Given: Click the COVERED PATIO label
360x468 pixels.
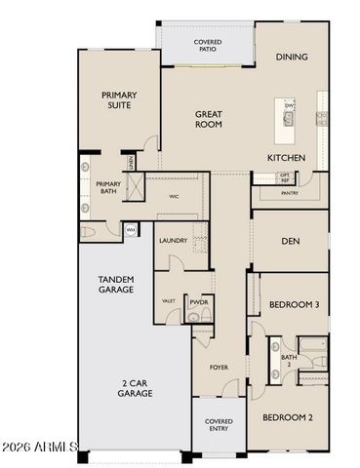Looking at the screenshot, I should [207, 46].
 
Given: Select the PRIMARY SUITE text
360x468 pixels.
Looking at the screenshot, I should [120, 100].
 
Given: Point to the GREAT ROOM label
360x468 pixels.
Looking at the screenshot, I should [208, 119].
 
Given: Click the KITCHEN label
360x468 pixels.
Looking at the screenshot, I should [287, 157].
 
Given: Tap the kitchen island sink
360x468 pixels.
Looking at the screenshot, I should [290, 120].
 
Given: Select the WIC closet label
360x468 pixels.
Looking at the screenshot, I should [173, 196].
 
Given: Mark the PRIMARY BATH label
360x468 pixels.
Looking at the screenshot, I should [108, 187].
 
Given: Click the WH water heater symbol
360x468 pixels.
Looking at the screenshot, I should [130, 230].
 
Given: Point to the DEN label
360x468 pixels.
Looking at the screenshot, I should [290, 241].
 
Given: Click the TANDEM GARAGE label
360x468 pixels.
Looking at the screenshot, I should [115, 283].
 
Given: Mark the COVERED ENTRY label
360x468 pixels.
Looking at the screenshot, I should [218, 425].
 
